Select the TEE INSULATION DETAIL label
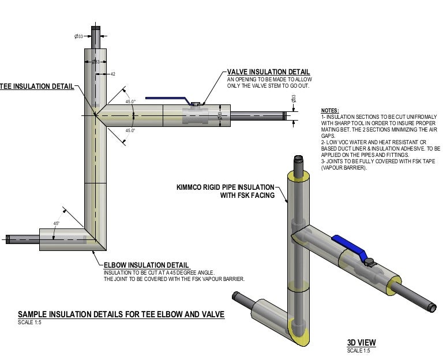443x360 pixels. click(36, 87)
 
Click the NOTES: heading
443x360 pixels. click(330, 110)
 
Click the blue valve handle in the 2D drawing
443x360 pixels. click(167, 99)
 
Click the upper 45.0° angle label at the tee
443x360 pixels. click(130, 102)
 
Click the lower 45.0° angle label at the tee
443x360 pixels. click(130, 131)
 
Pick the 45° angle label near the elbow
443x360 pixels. click(57, 223)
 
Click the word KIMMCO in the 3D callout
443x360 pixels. click(192, 187)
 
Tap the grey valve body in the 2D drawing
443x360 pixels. click(196, 115)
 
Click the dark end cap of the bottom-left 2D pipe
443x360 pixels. click(8, 238)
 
